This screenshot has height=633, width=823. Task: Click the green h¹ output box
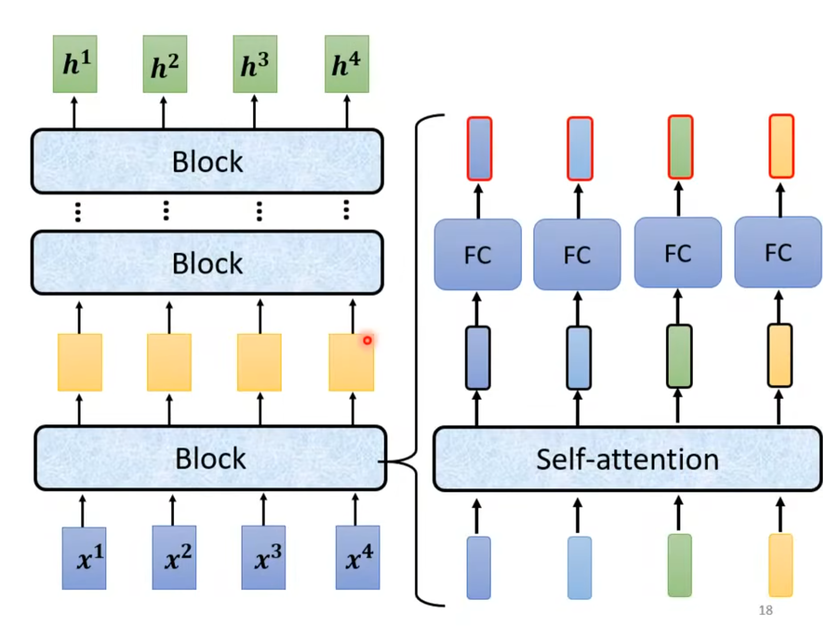coord(75,64)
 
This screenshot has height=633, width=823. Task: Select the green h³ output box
coord(255,64)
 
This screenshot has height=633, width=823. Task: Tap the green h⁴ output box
coord(347,64)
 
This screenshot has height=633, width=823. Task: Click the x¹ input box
coord(84,558)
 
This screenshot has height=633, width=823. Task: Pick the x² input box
coord(174,558)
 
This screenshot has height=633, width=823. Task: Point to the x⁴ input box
coord(357,558)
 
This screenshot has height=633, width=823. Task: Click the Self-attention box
coord(627,459)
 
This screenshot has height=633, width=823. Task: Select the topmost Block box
coord(207,162)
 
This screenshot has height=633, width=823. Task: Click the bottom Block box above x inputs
coord(210,458)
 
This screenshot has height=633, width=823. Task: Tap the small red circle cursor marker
coord(367,340)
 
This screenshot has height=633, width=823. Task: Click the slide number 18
coord(766,610)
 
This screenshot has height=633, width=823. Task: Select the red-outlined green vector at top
coord(681,147)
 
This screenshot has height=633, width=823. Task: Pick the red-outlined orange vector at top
coord(782,146)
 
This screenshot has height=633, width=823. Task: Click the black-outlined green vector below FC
coord(679,356)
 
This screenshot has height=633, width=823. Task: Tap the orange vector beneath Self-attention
coord(781,565)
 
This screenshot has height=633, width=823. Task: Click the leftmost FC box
coord(478,254)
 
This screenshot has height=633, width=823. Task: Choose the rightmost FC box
coord(778,252)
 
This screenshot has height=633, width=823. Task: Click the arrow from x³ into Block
coord(263,510)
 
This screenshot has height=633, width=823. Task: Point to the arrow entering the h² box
coord(163,112)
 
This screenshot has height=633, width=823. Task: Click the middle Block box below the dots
coord(207,263)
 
